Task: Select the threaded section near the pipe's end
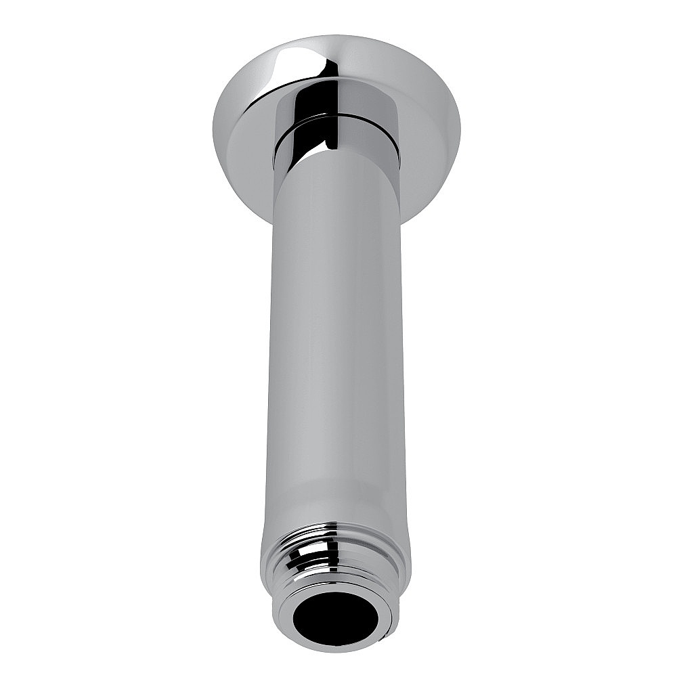click(335, 552)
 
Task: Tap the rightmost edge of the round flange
click(460, 129)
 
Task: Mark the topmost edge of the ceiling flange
click(332, 35)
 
